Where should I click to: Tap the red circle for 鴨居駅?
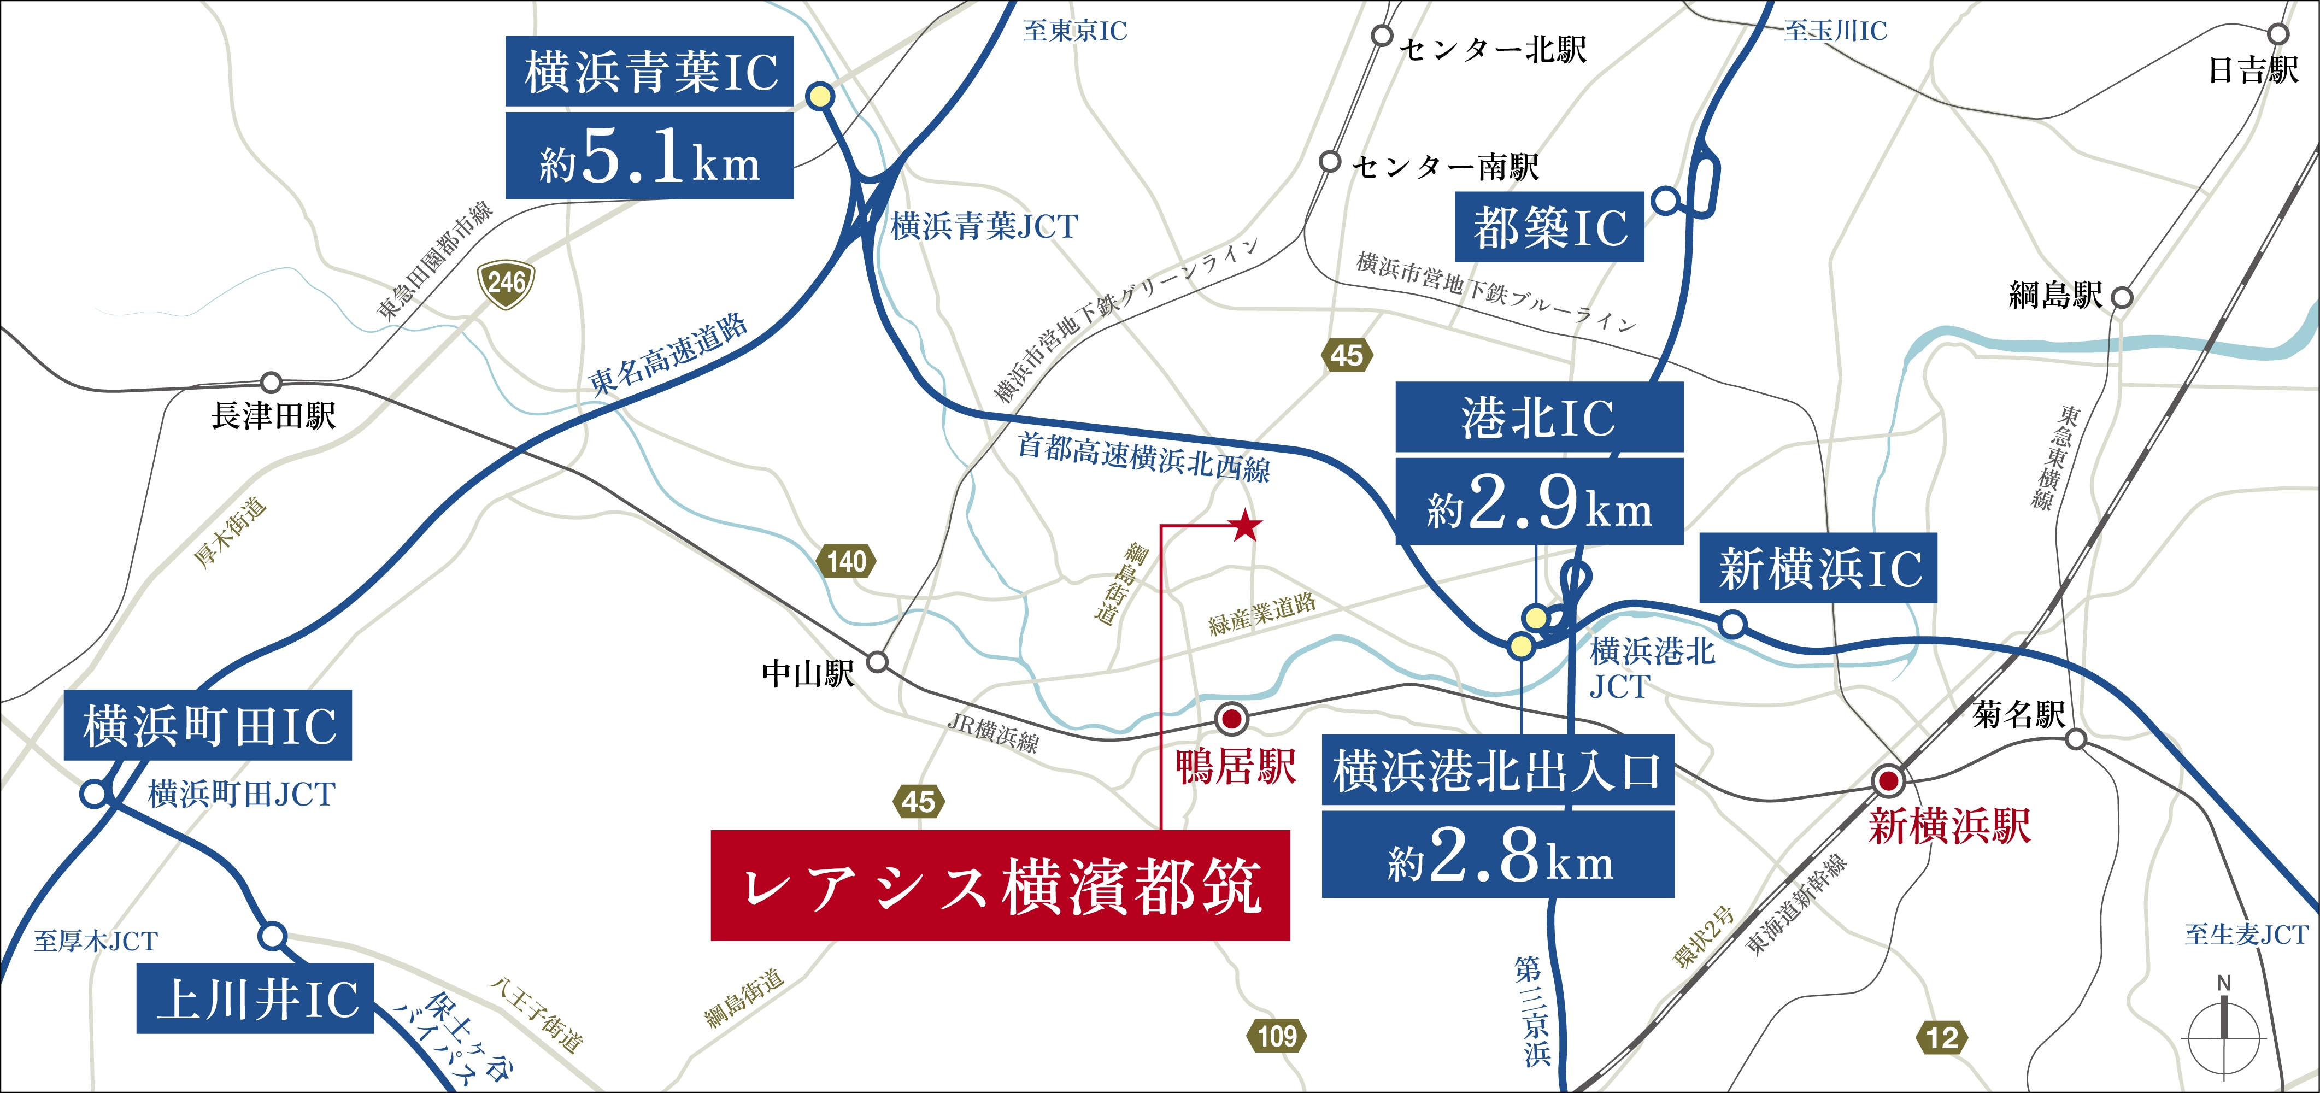tap(1231, 719)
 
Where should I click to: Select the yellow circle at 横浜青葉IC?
tap(820, 96)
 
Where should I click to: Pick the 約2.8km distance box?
tap(1497, 854)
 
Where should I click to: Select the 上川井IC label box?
tap(255, 998)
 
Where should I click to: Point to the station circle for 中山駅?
tap(877, 663)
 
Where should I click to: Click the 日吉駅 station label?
tap(2252, 70)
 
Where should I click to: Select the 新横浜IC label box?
tap(1817, 569)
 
